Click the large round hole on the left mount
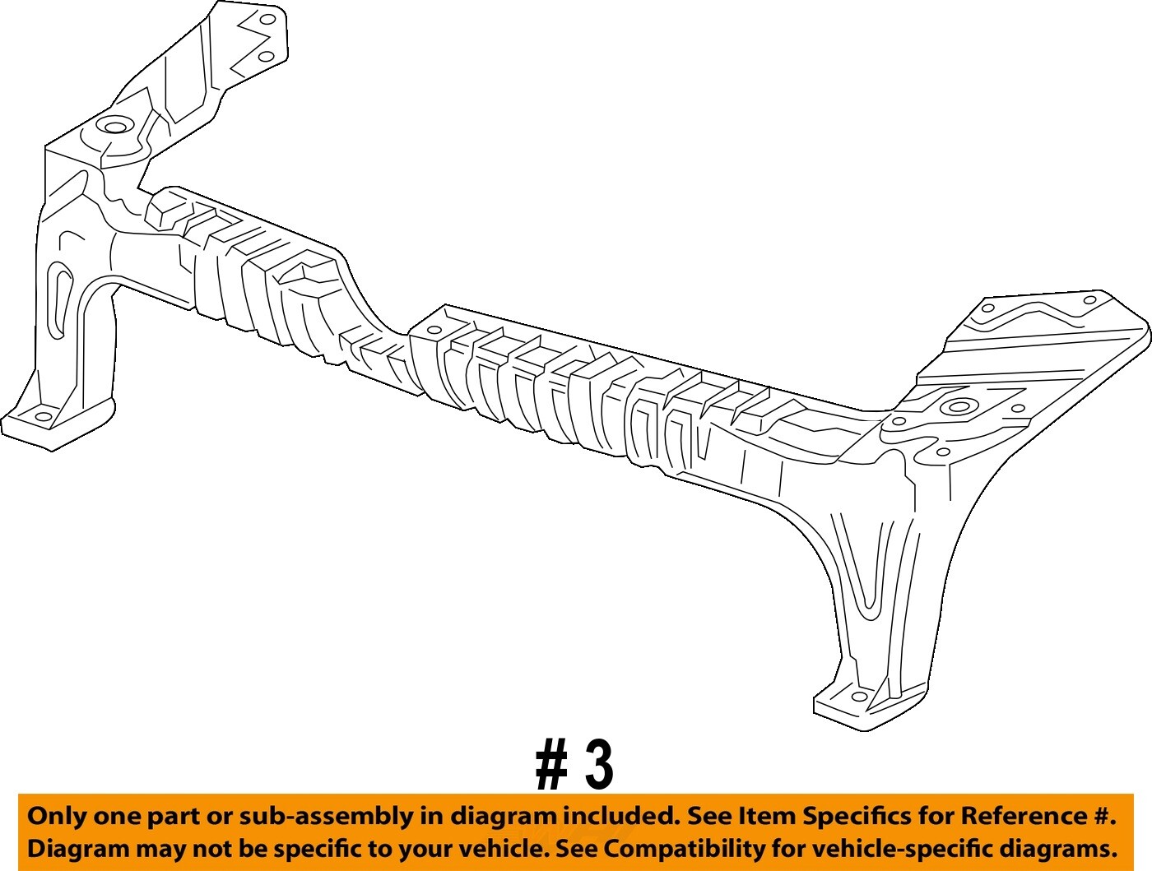click(x=113, y=127)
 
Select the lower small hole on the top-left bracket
click(x=266, y=56)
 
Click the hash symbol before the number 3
click(x=551, y=765)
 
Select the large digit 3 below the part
click(x=600, y=765)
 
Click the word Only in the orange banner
click(x=57, y=817)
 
